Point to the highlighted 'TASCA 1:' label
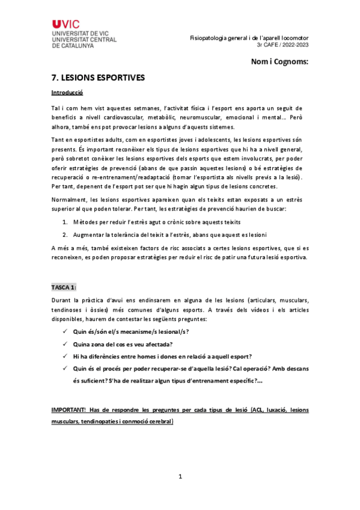coord(64,287)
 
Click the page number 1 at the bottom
coord(180,477)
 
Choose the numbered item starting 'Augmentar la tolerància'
coord(165,235)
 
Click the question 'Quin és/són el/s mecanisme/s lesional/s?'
coord(130,331)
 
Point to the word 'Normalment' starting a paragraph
coord(69,199)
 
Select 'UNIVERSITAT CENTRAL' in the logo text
coord(84,39)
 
